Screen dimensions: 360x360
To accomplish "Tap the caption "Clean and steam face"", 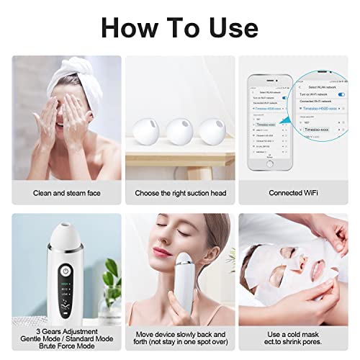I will tap(66, 193).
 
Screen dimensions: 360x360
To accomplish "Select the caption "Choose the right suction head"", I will tap(179, 193).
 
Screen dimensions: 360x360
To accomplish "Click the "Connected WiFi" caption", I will tap(292, 193).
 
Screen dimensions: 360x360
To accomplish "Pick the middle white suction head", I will tap(179, 132).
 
